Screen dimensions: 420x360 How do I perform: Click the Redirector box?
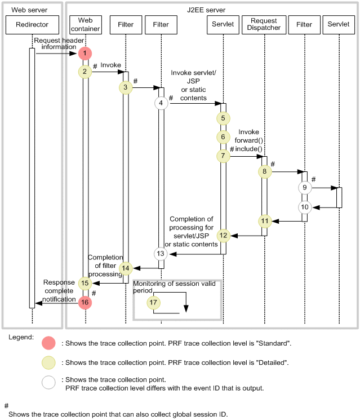point(32,25)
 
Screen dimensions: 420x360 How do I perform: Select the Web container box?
point(85,25)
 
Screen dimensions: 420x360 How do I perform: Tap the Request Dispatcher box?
point(264,25)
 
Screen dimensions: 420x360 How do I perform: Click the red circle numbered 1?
point(85,54)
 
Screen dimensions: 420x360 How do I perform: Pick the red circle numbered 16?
point(85,303)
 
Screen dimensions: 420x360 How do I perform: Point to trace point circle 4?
point(161,103)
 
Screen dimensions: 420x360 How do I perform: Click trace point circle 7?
point(223,156)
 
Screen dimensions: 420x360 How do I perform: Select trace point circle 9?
point(305,187)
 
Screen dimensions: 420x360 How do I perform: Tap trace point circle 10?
point(305,207)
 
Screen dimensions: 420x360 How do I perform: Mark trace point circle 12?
point(223,235)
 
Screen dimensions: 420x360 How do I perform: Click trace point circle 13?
point(161,254)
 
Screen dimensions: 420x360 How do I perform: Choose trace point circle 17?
point(153,303)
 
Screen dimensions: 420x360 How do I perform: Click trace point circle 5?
point(223,118)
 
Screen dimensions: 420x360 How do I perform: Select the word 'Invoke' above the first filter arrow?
point(110,65)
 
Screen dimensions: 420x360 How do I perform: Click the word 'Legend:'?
point(21,337)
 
